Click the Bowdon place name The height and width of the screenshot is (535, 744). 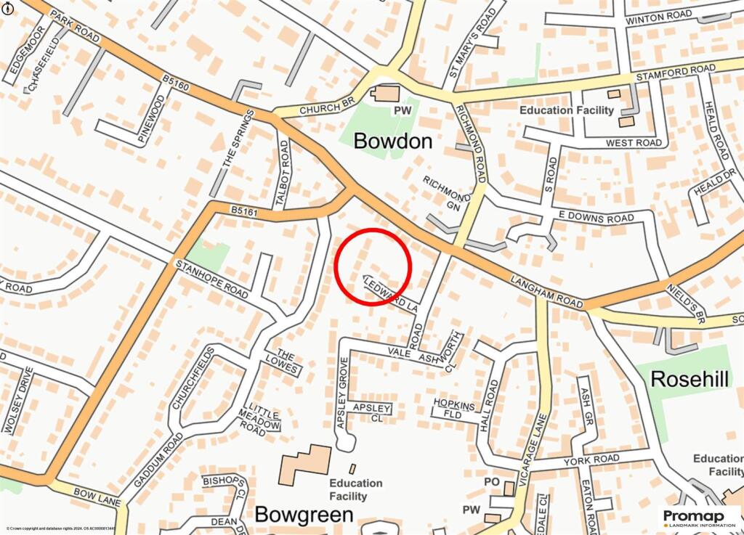pos(392,141)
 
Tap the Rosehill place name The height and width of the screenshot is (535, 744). pos(690,378)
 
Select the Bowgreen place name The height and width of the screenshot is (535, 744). pos(304,515)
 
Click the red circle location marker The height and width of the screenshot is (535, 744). pos(373,266)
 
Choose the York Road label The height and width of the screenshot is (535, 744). pos(596,459)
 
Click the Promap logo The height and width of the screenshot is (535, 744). pos(697,517)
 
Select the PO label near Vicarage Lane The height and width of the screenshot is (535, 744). pos(492,482)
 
